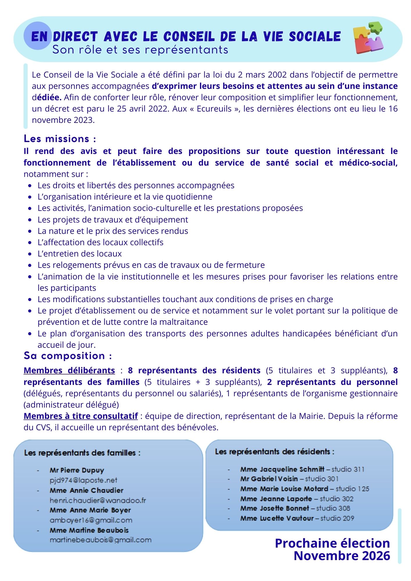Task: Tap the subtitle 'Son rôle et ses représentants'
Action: [x=140, y=50]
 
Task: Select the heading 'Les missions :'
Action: [x=60, y=139]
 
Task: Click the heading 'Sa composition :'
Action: [x=68, y=356]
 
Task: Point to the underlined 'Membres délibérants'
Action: [x=69, y=370]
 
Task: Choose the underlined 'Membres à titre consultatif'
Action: [x=81, y=416]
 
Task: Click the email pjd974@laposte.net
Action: [x=83, y=480]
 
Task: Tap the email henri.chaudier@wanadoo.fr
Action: [x=98, y=500]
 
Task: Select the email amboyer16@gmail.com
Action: [x=91, y=520]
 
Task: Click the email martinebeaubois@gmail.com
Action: [x=101, y=540]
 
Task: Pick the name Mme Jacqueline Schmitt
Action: [x=282, y=469]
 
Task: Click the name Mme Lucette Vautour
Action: [x=277, y=518]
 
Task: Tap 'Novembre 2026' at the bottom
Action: [x=342, y=556]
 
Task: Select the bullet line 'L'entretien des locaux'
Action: [x=79, y=254]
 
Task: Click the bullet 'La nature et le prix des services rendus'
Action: [x=113, y=231]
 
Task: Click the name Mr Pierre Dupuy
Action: [x=77, y=470]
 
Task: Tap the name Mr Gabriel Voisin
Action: [x=269, y=479]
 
